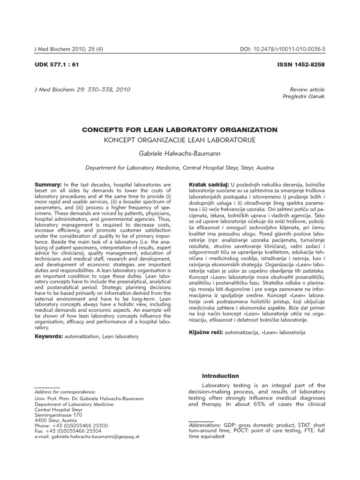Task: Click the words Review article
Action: pos(307,89)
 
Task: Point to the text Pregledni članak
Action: pos(303,96)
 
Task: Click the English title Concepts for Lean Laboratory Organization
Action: pos(180,129)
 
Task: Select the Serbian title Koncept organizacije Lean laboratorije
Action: pos(180,140)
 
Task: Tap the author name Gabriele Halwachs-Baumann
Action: pos(180,153)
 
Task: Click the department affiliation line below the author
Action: pos(180,167)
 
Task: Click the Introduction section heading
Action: pos(220,376)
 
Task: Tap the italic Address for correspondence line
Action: pos(65,391)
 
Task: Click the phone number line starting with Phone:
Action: pos(71,425)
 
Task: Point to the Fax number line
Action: pos(68,430)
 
